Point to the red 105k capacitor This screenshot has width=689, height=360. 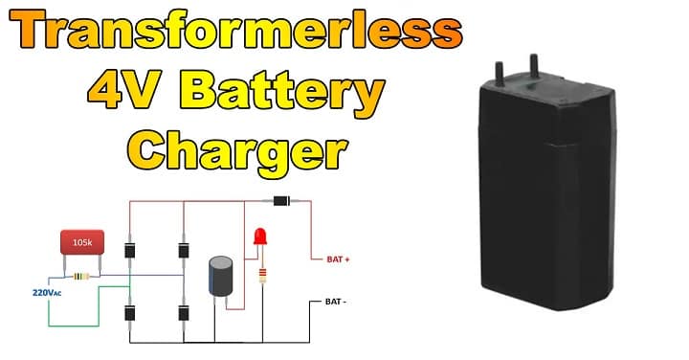82,244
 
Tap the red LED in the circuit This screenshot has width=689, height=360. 258,237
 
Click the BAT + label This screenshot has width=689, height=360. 338,259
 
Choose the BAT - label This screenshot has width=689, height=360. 335,302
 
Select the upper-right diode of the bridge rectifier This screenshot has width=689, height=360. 184,251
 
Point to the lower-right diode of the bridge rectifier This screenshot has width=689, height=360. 184,312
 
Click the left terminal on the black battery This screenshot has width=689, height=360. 499,70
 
